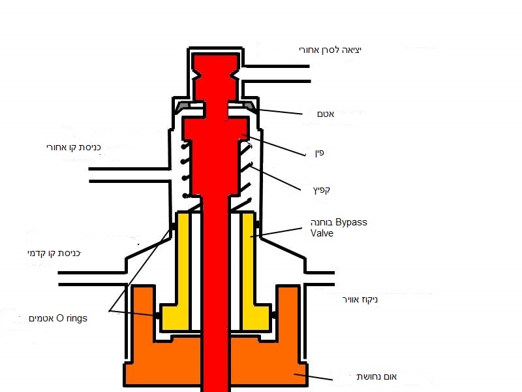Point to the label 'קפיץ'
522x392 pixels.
coord(320,189)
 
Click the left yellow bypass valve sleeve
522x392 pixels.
coord(181,268)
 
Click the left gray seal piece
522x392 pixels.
coord(182,105)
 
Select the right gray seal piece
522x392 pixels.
coord(249,105)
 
